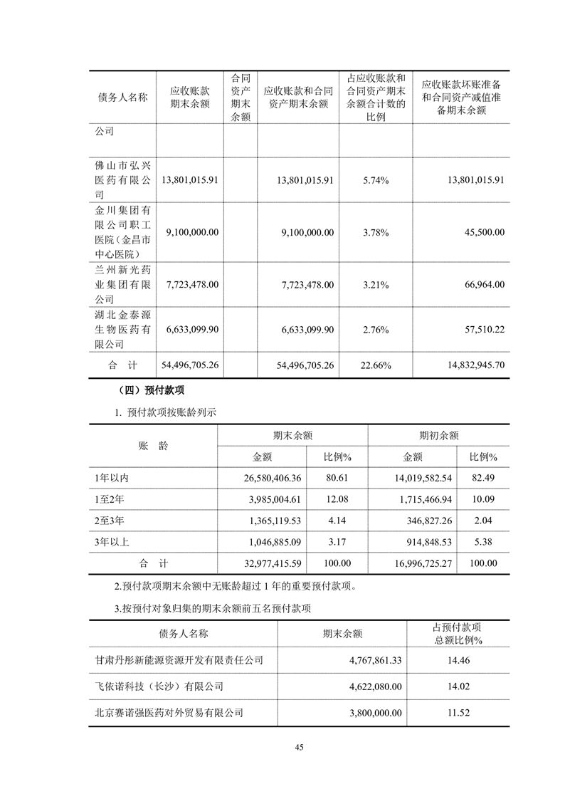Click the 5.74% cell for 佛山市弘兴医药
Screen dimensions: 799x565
click(x=375, y=180)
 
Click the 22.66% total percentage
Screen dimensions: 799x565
click(x=375, y=365)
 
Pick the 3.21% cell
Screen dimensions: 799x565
click(x=375, y=284)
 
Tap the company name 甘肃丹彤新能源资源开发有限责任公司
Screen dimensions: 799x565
click(x=179, y=660)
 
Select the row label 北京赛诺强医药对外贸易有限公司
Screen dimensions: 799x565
click(x=169, y=711)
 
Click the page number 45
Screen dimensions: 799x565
click(x=299, y=747)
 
